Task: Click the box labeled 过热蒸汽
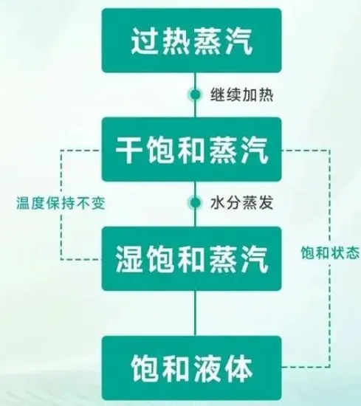point(191,41)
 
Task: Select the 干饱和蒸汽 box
point(191,149)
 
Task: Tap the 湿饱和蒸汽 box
point(191,258)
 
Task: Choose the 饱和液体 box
point(191,368)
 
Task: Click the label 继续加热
point(241,94)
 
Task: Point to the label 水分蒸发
point(241,202)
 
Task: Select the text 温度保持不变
point(61,203)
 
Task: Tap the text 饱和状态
point(330,252)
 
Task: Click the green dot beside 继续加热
point(195,94)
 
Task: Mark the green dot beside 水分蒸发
point(195,202)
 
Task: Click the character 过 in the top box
point(145,41)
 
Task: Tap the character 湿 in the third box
point(129,259)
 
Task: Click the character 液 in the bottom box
point(207,368)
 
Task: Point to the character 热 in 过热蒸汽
point(176,41)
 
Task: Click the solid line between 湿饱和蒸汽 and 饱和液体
point(195,313)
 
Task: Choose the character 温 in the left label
point(24,203)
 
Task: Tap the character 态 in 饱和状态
point(352,252)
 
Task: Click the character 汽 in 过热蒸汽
point(238,41)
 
